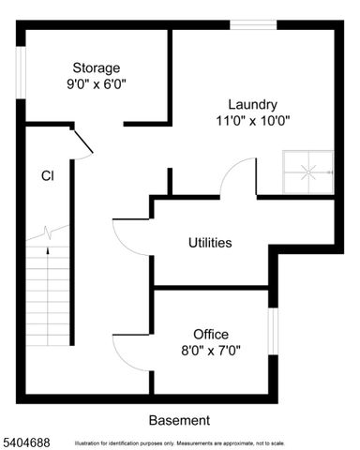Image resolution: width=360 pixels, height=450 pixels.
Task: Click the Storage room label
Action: [97, 67]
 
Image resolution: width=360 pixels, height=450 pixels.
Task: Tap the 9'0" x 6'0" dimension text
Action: [97, 83]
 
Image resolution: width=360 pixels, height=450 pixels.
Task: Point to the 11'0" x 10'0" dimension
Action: [251, 119]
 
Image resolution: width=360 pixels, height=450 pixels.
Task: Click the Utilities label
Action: [209, 243]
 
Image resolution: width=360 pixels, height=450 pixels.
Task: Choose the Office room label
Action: [211, 334]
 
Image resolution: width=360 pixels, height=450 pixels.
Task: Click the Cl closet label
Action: [47, 175]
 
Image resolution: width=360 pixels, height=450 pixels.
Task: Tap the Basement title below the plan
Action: [179, 420]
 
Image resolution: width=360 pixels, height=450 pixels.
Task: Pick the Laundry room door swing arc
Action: [239, 175]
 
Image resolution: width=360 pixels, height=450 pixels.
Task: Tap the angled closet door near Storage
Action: [82, 142]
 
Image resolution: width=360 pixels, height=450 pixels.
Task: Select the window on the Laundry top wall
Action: [253, 25]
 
